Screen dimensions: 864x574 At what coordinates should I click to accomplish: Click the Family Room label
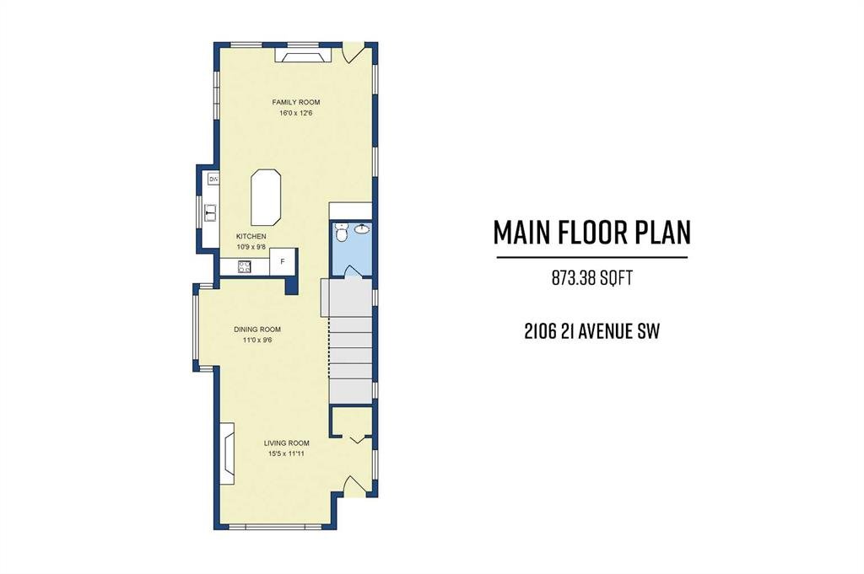(x=296, y=102)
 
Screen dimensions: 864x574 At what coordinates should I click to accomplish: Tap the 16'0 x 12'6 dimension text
(x=296, y=114)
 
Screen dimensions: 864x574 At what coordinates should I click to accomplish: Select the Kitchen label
(x=251, y=237)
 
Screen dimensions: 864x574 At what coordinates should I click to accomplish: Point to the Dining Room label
(x=257, y=330)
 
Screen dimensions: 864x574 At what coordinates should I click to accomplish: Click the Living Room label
(x=287, y=443)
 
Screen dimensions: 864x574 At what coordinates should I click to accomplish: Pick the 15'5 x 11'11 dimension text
(x=287, y=454)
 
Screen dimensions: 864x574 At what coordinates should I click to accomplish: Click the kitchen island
(x=266, y=197)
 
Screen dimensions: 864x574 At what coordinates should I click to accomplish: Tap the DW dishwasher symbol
(x=213, y=179)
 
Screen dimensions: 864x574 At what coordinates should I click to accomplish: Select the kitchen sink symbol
(x=211, y=212)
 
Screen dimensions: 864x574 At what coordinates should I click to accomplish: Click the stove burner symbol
(x=244, y=267)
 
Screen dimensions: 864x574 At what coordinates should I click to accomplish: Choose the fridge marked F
(x=283, y=261)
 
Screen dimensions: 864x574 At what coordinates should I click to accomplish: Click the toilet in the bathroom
(x=341, y=233)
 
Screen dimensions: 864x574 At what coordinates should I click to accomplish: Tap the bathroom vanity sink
(x=362, y=228)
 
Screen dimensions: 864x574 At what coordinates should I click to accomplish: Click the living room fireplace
(x=228, y=453)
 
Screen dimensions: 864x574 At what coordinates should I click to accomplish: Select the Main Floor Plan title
(x=591, y=233)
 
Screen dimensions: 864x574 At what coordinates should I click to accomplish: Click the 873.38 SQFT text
(x=591, y=278)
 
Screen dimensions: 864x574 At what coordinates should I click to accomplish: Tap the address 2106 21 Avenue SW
(x=591, y=331)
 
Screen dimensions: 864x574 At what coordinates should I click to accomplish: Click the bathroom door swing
(x=350, y=271)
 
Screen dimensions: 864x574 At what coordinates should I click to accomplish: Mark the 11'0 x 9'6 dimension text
(x=257, y=341)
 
